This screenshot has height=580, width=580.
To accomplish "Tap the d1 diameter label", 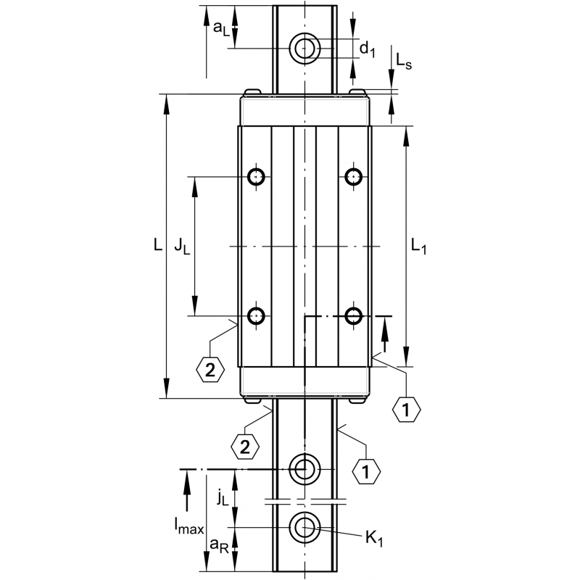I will click(368, 49).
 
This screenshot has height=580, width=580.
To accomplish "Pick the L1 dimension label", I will click(418, 247).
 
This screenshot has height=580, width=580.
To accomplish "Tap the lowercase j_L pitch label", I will click(223, 497).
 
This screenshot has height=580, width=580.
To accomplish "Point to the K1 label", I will click(374, 538).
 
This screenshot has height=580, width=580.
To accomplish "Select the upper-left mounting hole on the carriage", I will click(257, 176).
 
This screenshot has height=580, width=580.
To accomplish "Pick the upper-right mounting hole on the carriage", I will click(354, 176).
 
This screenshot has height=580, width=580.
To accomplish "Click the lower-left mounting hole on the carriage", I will click(257, 316).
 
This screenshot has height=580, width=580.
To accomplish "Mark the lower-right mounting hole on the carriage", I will click(354, 316).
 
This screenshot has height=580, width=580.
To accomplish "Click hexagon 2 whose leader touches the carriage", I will click(210, 370).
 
